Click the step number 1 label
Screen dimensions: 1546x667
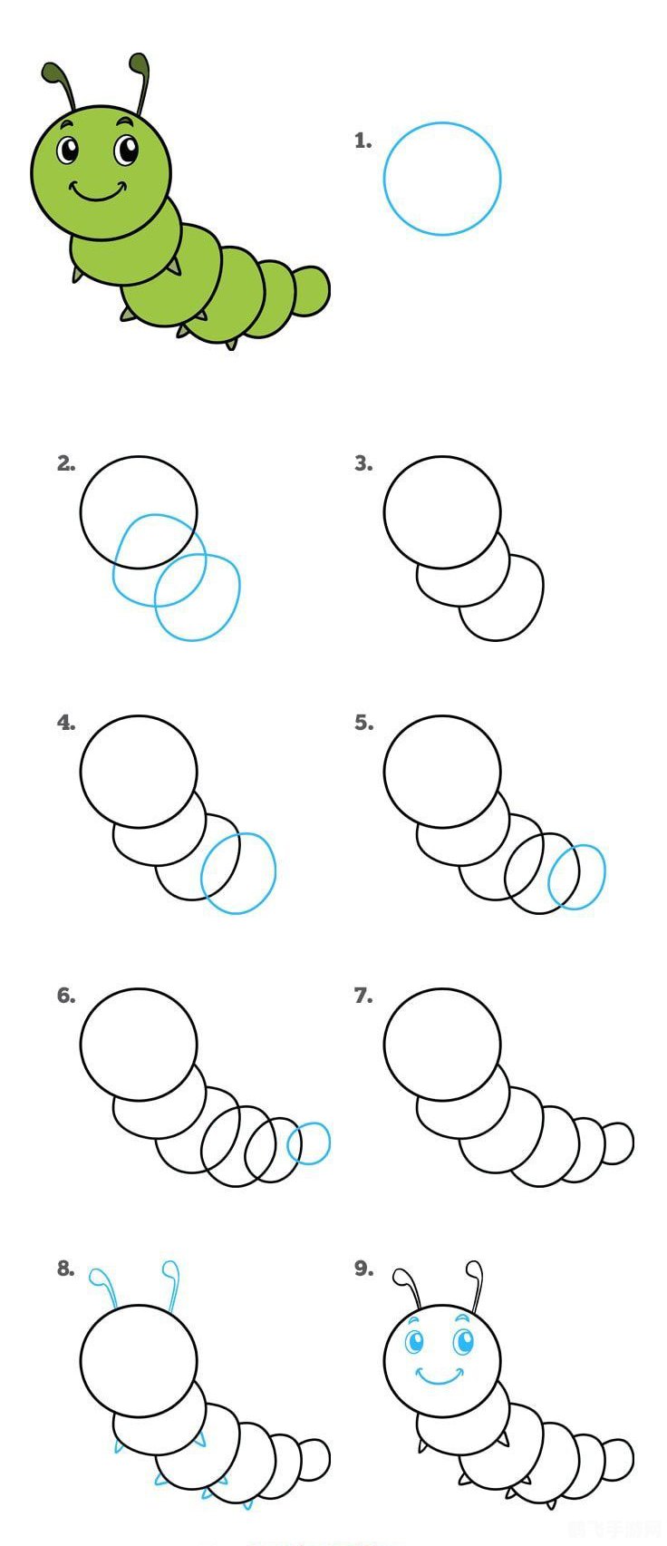[362, 141]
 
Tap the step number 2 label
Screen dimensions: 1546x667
[65, 463]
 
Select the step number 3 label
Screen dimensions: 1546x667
[362, 463]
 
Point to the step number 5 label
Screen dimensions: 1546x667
[363, 723]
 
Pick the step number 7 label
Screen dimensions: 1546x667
[362, 996]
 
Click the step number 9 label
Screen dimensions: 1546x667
[363, 1269]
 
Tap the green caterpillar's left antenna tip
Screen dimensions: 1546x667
[52, 73]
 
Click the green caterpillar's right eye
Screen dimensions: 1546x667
[127, 149]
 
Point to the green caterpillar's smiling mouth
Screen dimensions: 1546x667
[97, 193]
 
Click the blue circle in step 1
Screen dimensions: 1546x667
[442, 179]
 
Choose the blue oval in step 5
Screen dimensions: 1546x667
[576, 877]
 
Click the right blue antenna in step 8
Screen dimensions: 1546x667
[171, 1280]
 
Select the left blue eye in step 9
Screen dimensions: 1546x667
[414, 1341]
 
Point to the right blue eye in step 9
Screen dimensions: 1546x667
[464, 1340]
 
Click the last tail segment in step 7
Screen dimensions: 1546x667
[618, 1142]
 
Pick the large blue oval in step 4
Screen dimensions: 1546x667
[238, 873]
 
